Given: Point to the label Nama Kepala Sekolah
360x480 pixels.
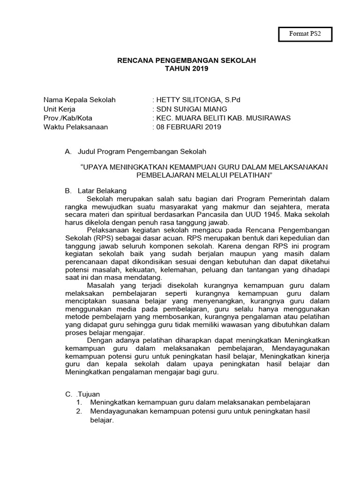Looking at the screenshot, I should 80,100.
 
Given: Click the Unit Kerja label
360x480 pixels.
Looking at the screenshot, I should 60,109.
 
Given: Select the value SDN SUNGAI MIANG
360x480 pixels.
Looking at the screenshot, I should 187,109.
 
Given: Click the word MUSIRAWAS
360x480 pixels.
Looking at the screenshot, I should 269,118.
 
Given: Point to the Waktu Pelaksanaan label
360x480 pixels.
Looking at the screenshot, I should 75,127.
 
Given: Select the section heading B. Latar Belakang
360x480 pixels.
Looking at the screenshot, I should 96,191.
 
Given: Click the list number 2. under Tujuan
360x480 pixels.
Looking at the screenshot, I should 80,411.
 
